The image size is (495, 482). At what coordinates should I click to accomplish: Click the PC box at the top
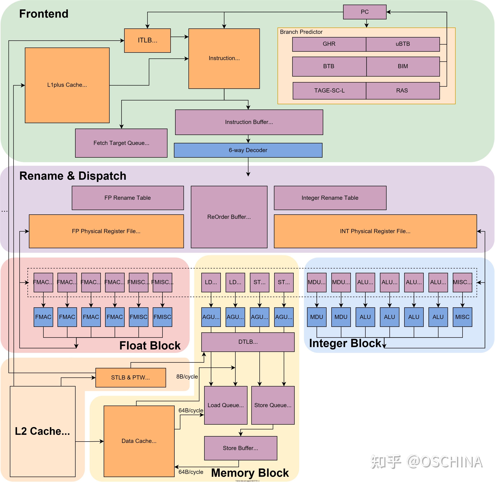click(365, 12)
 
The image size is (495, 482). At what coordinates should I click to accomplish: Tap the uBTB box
click(402, 44)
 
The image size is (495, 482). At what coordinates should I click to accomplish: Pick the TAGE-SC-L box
click(329, 91)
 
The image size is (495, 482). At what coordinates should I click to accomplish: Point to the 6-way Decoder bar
click(248, 150)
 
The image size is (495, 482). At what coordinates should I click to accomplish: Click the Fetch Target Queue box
click(121, 143)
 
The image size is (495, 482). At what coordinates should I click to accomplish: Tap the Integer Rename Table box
click(330, 198)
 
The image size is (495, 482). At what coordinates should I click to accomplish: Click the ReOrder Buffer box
click(229, 217)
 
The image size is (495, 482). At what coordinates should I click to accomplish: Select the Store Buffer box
click(240, 448)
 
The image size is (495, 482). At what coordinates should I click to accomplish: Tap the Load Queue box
click(226, 405)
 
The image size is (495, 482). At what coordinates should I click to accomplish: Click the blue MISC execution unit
click(462, 317)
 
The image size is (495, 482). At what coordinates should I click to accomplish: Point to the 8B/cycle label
click(187, 376)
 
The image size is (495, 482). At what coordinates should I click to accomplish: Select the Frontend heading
click(44, 14)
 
